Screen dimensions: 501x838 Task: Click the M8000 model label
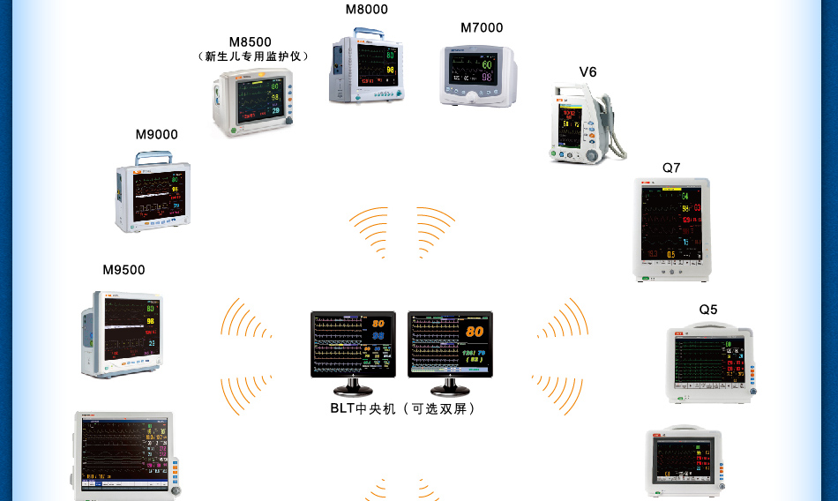point(366,10)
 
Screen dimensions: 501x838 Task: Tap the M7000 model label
point(482,27)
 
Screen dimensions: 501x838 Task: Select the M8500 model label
point(251,41)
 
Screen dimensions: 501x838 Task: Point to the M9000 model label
point(156,134)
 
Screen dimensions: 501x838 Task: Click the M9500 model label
point(123,270)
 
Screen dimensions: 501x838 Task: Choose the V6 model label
point(587,71)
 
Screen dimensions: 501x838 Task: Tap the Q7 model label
point(671,168)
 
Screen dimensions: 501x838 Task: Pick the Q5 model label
point(708,310)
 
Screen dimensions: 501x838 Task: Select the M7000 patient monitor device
point(478,76)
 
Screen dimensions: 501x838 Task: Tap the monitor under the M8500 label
point(252,102)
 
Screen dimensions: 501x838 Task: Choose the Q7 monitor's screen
point(671,227)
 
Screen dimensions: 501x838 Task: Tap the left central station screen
point(353,344)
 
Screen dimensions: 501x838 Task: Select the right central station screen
point(450,344)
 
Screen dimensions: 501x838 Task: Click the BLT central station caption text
point(403,408)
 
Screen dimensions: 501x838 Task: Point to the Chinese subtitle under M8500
point(253,56)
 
